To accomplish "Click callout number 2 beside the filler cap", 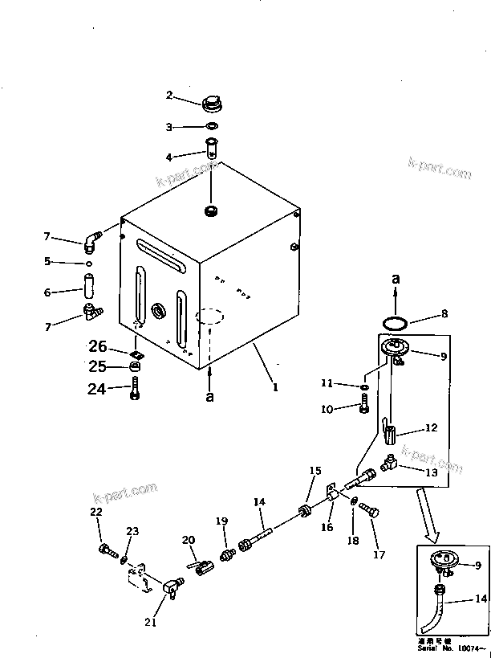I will pos(169,95).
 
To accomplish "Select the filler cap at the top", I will pos(212,103).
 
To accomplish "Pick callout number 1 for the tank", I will pos(274,386).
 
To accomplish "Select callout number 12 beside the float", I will pos(431,428).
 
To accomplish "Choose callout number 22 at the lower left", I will pos(96,512).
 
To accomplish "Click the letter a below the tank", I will pos(210,397).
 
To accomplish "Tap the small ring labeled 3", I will pos(212,127).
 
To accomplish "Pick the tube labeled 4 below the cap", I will pos(212,149).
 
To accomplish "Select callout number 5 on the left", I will pos(47,261).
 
